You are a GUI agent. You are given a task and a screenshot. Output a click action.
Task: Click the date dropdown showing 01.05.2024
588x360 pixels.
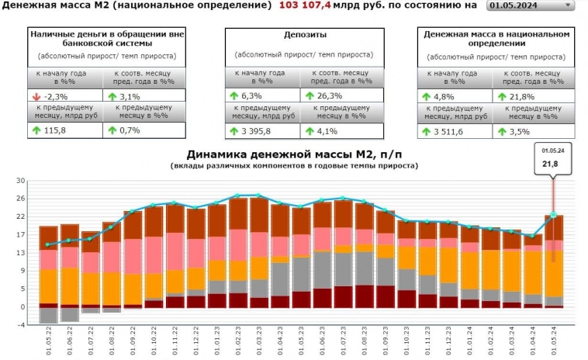[531, 5]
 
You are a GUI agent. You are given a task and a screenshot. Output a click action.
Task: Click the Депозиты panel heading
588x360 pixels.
[300, 35]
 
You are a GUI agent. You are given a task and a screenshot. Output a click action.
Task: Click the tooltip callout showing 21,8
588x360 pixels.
[552, 158]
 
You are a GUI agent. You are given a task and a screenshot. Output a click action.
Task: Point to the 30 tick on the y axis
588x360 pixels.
[21, 180]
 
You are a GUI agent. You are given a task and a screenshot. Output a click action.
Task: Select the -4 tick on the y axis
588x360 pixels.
[21, 324]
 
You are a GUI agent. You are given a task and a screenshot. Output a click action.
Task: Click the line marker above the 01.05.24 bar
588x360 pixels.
[553, 215]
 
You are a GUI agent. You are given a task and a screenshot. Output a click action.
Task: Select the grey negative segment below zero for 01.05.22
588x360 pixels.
[48, 315]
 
